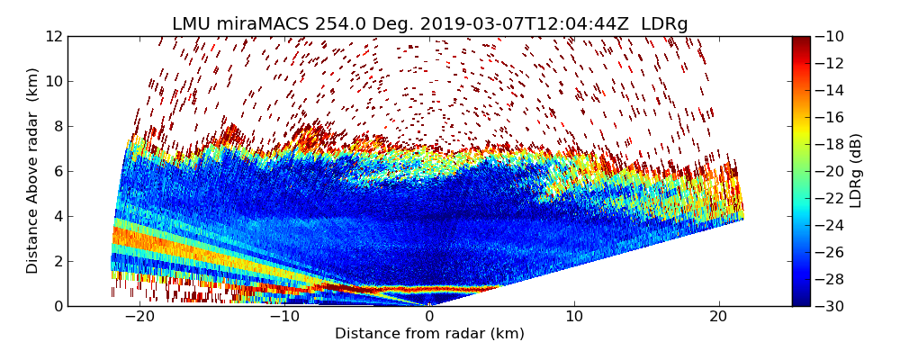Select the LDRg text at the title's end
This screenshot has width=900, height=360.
(664, 24)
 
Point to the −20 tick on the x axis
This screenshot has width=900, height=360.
(139, 317)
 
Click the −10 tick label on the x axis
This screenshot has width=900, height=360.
(284, 317)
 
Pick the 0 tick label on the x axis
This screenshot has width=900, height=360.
(429, 317)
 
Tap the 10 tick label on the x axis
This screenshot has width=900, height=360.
(574, 317)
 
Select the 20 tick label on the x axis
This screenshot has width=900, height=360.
(718, 317)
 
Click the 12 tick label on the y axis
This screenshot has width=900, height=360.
(53, 37)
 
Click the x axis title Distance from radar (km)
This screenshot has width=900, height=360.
(429, 334)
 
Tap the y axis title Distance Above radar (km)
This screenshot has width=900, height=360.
(33, 171)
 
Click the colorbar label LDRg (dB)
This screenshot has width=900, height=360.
(856, 171)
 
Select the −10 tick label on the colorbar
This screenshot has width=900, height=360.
(830, 37)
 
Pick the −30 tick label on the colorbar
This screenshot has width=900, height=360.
(830, 306)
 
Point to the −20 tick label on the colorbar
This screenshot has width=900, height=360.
(830, 171)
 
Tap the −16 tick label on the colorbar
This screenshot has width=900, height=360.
(830, 117)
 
